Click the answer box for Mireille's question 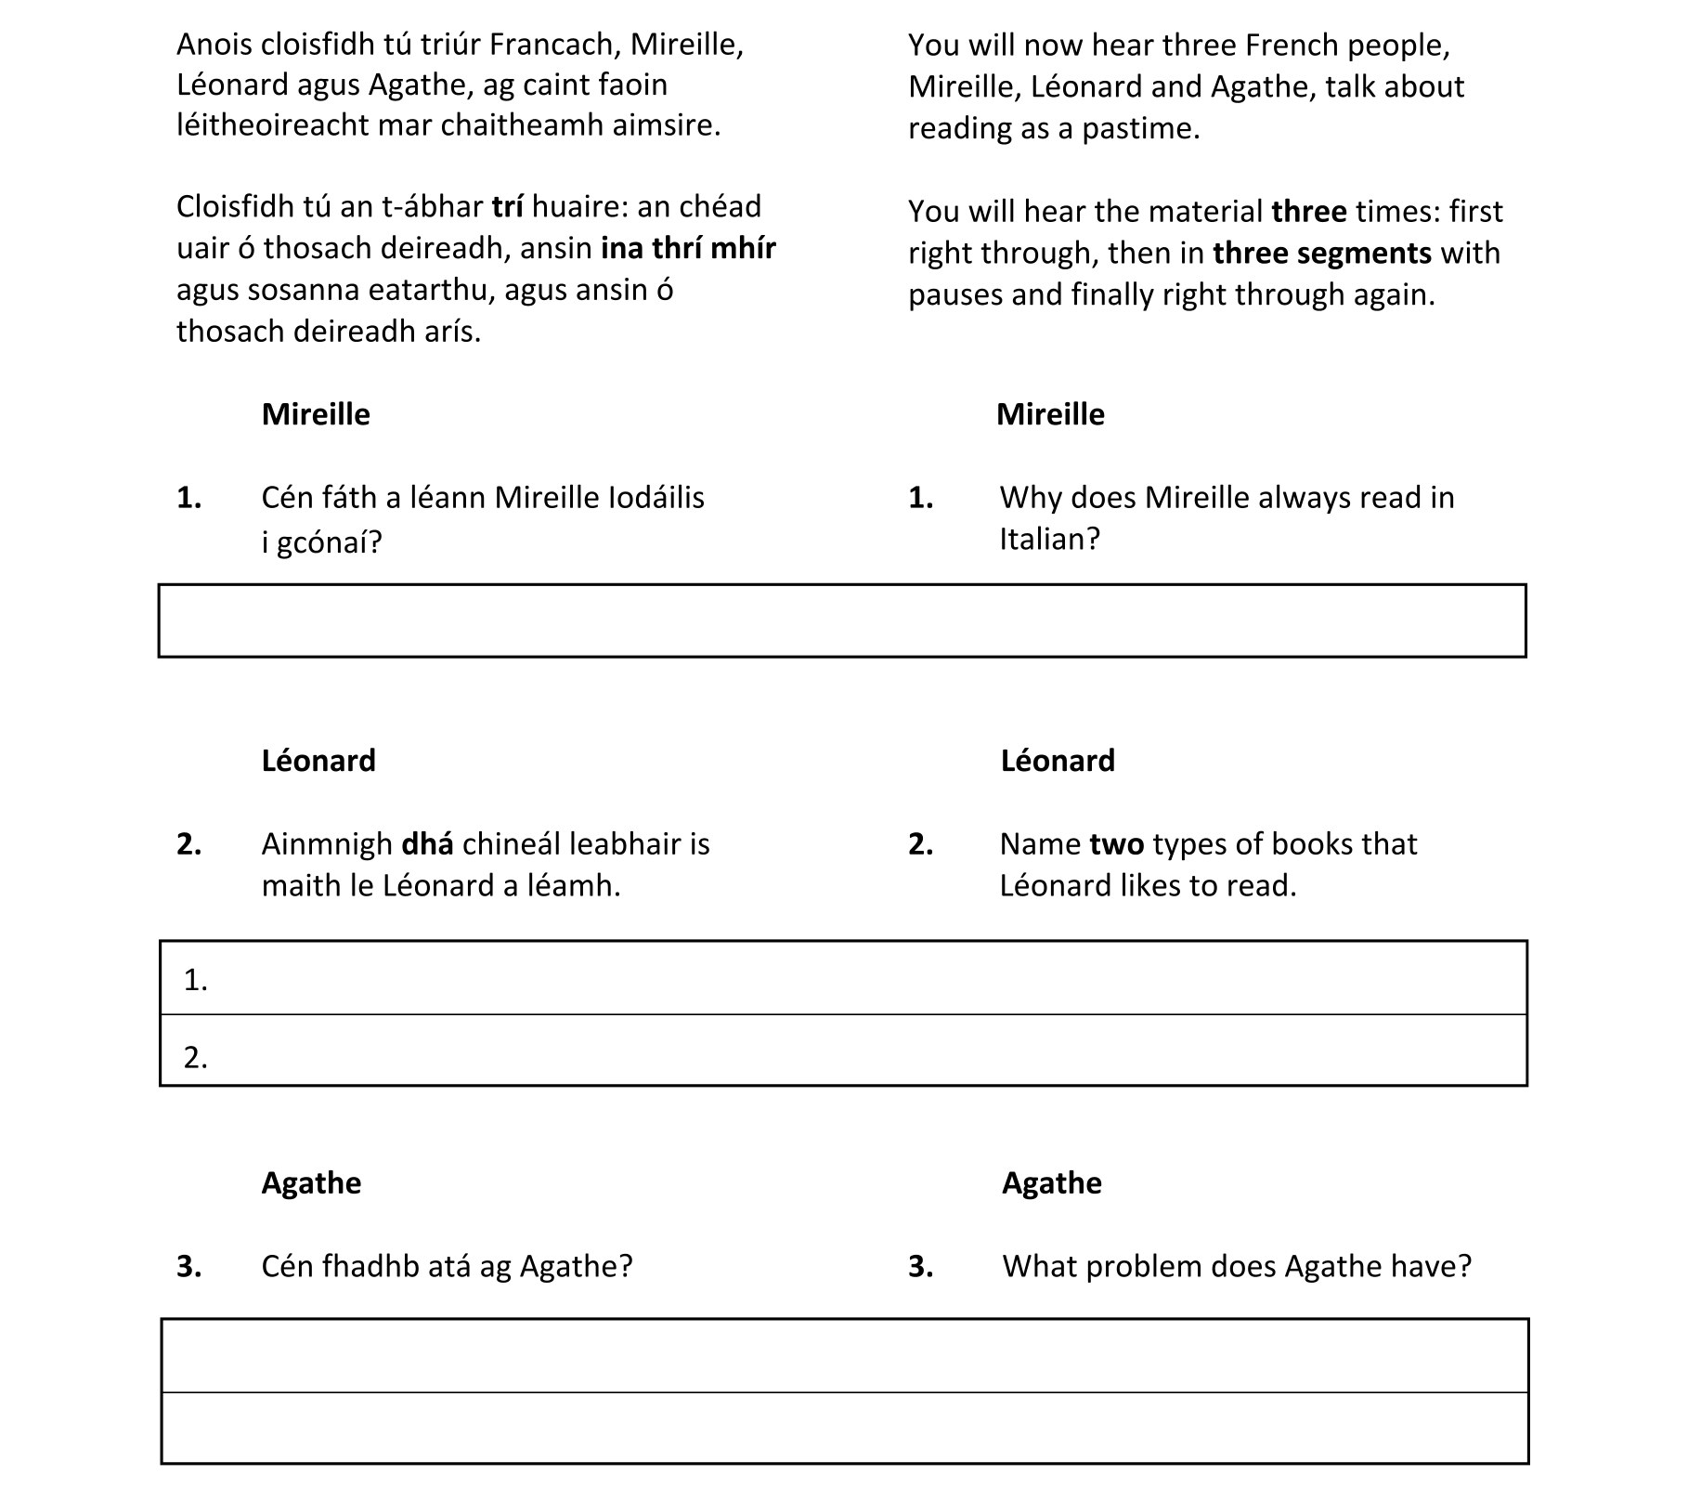click(842, 620)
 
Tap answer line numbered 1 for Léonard click(842, 978)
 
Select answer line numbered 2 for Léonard click(842, 1051)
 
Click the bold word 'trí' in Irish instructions click(507, 206)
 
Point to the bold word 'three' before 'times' click(1308, 212)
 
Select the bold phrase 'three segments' click(1322, 253)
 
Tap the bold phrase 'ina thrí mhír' click(688, 248)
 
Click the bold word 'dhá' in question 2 click(427, 844)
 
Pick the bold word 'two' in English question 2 click(1116, 844)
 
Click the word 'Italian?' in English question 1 click(1049, 539)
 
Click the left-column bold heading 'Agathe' click(311, 1182)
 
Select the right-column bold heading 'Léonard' click(1058, 761)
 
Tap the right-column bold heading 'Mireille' click(1050, 414)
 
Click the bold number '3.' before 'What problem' click(920, 1266)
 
